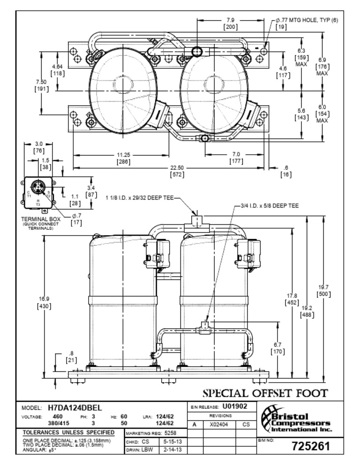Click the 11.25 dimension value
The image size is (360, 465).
click(x=123, y=155)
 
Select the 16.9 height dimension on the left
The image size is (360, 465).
click(x=44, y=299)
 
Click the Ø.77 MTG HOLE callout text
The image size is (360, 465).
click(x=307, y=20)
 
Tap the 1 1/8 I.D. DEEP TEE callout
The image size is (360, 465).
click(x=141, y=199)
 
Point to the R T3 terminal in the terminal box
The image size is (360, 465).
click(x=38, y=202)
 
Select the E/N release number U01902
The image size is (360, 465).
click(x=234, y=406)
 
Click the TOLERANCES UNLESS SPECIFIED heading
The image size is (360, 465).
click(x=68, y=432)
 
